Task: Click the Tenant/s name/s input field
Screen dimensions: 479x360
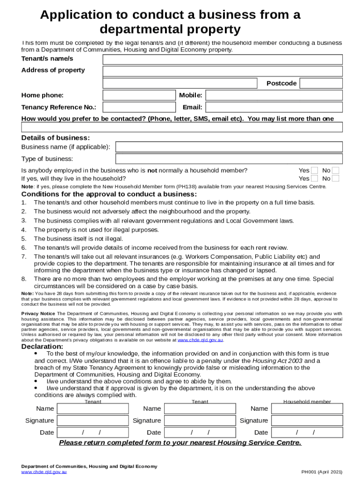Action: [223, 59]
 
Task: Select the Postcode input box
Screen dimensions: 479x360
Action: [321, 83]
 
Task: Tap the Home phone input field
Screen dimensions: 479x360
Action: [138, 95]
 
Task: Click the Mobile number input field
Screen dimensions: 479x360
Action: [274, 95]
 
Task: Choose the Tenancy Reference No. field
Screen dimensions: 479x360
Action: [138, 107]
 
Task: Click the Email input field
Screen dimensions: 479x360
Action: [274, 107]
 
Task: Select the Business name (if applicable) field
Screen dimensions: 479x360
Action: [229, 147]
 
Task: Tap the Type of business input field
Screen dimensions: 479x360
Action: [229, 159]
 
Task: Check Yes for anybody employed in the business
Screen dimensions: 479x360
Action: [315, 171]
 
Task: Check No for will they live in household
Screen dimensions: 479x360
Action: [335, 178]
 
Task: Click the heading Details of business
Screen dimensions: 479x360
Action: [56, 138]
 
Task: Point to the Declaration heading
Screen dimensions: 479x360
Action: [42, 347]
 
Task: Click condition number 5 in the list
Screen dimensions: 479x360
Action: [23, 239]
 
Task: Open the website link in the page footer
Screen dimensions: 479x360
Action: [44, 472]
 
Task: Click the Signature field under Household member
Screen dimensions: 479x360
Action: [307, 421]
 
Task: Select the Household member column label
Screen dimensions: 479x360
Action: [307, 401]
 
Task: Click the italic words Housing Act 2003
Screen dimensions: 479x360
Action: [274, 361]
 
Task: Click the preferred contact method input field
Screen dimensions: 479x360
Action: [182, 127]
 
